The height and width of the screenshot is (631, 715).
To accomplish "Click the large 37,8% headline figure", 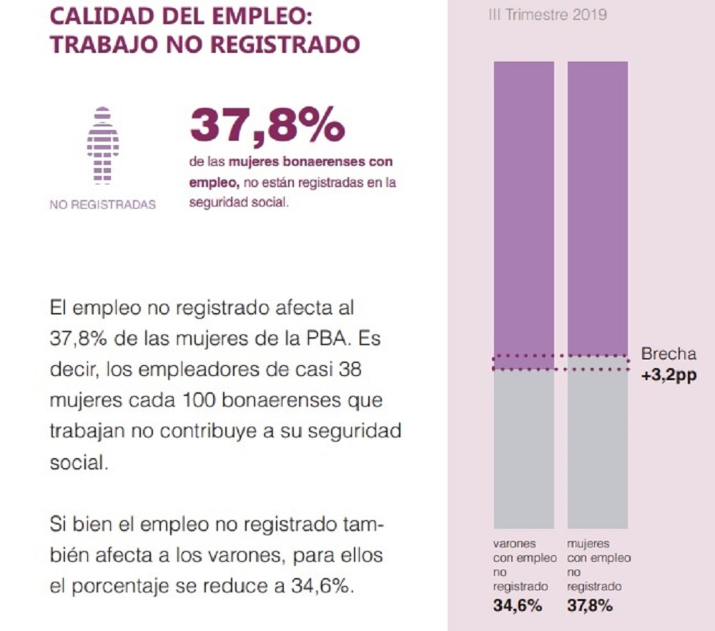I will pos(267,126).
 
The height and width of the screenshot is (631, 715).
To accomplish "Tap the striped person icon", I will pos(103,145).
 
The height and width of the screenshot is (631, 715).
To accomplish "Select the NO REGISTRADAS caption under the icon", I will pos(103,205).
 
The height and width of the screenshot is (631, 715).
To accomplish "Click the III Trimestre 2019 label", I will pos(547,14).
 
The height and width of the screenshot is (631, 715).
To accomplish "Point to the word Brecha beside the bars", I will pos(668,354).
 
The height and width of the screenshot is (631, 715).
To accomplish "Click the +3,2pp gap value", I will pos(668,373).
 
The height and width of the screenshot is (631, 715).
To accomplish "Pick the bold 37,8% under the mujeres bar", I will pos(591,605).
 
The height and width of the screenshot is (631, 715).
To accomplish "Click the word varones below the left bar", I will pos(514,544).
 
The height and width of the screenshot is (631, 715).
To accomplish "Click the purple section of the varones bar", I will pos(524,207).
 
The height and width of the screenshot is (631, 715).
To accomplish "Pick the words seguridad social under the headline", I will pos(239,203).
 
